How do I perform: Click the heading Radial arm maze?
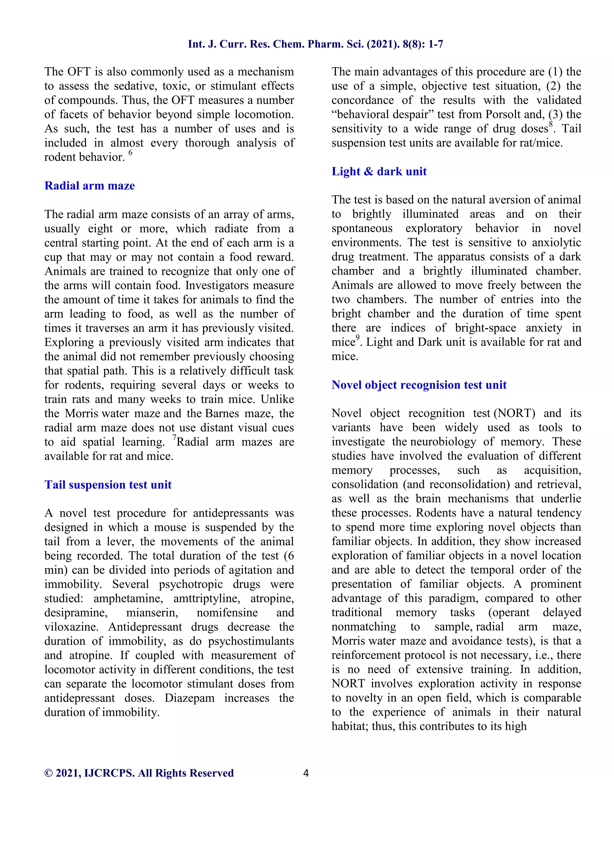coord(90,186)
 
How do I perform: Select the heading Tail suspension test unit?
coord(108,485)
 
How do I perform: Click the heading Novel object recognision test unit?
coord(419,385)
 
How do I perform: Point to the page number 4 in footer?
coord(306,773)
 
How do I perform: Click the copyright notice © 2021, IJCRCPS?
coord(139,773)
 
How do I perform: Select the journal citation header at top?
coord(315,44)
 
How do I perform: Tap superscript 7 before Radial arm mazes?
coord(174,437)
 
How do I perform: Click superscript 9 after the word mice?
coord(358,338)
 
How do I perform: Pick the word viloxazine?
coord(71,627)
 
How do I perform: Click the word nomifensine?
coord(227,612)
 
